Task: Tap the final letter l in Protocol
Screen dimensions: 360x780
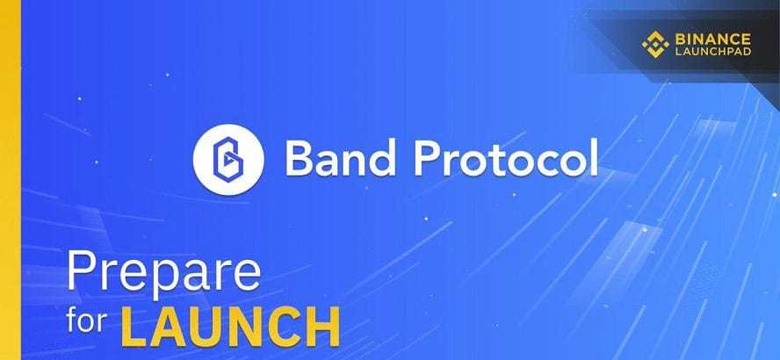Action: [593, 155]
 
